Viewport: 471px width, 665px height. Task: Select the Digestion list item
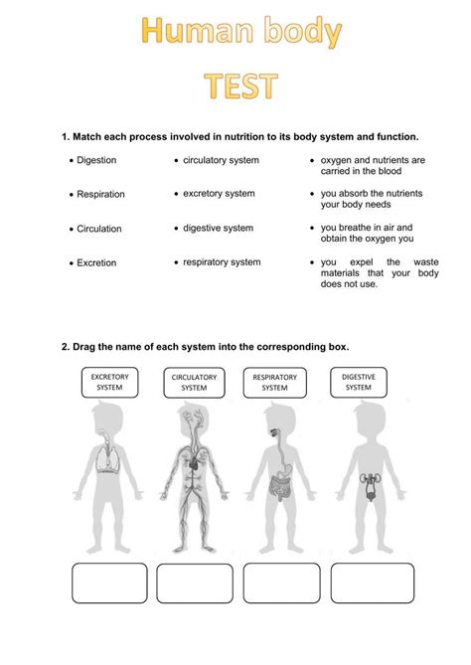point(96,160)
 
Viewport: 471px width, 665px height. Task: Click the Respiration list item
point(100,194)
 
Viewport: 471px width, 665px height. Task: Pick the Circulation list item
point(99,229)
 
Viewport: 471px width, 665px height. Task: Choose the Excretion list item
point(96,263)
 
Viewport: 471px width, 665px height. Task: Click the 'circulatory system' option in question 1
point(221,160)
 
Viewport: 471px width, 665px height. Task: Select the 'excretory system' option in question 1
point(219,194)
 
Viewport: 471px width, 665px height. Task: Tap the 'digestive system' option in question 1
point(218,228)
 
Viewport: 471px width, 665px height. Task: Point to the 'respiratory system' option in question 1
point(222,262)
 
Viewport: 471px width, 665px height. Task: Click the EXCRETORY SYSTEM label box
point(109,383)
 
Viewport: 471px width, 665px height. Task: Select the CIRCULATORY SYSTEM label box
point(195,383)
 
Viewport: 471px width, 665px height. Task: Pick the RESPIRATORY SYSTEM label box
point(274,383)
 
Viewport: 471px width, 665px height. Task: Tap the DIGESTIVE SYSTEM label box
point(358,383)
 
